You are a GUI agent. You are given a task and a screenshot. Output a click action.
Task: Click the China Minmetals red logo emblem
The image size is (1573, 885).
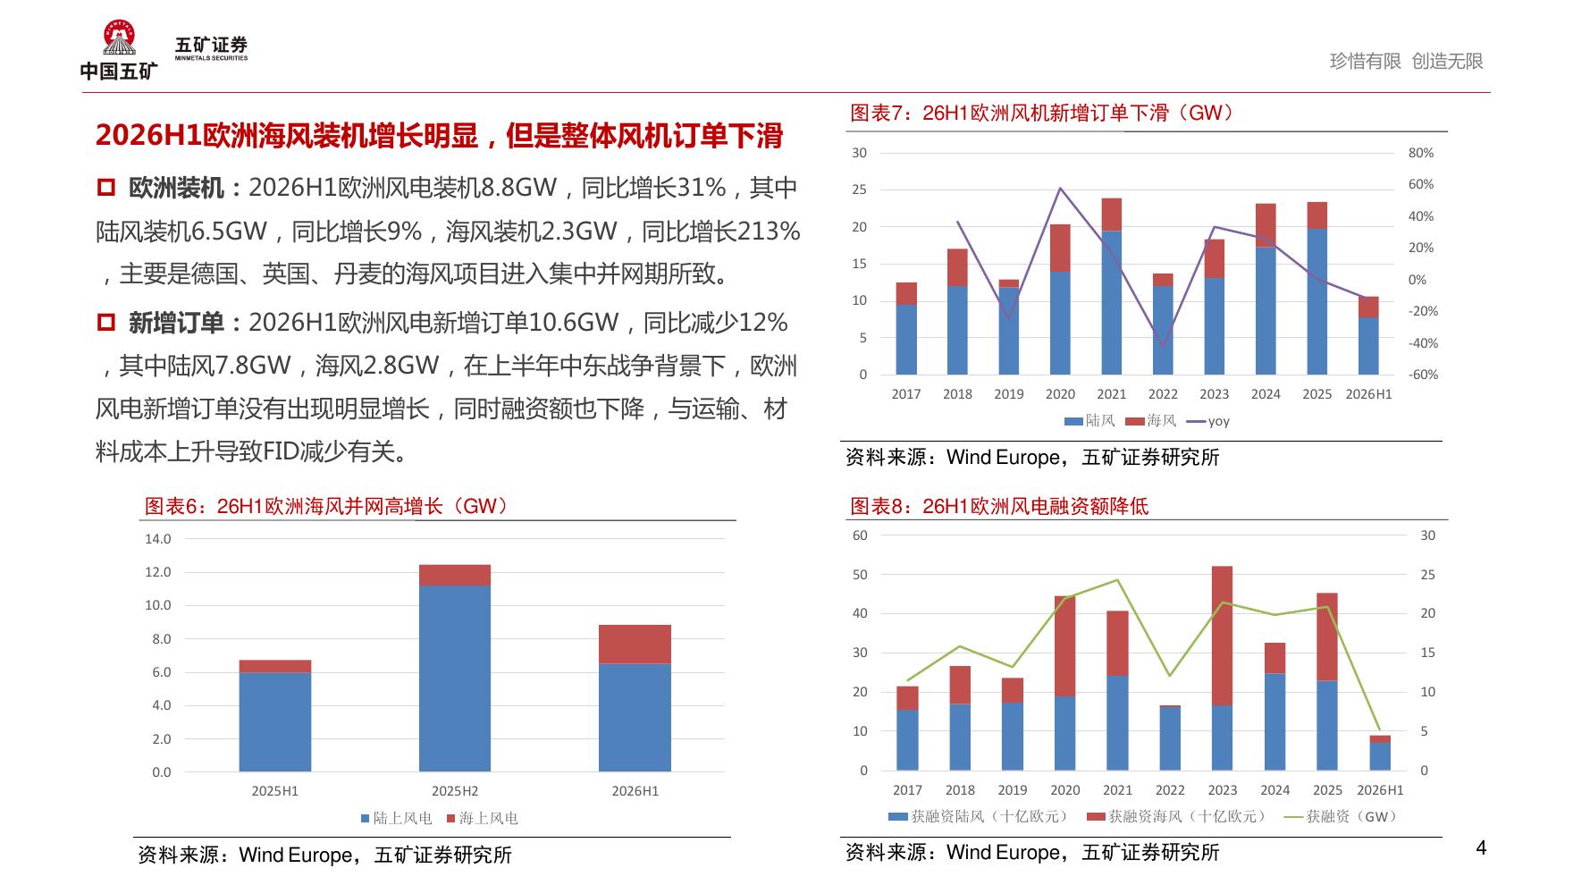coord(118,38)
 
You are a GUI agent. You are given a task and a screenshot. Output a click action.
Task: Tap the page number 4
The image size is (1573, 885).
coord(1481,847)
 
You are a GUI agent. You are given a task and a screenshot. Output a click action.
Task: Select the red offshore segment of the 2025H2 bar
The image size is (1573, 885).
coord(455,575)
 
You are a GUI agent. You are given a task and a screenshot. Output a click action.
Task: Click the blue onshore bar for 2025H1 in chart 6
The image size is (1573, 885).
coord(275,721)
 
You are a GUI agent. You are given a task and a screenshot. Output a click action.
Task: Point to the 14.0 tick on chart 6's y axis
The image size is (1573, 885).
coord(158,539)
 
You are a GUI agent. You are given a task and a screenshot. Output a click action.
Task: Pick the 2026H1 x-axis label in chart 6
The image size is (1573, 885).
coord(635,791)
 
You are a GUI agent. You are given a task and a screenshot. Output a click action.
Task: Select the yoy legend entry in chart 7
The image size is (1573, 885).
coord(1207,421)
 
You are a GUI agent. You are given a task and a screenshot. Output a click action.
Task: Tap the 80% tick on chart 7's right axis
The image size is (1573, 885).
coord(1421,153)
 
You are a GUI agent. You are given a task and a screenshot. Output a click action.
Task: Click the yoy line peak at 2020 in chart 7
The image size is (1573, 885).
coord(1060,188)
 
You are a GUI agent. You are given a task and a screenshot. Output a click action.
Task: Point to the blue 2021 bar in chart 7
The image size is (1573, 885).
coord(1112,302)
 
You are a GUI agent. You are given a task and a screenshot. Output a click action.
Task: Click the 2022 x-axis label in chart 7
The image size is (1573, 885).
coord(1163,394)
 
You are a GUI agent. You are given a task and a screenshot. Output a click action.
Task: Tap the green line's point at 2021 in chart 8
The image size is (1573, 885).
coord(1117,580)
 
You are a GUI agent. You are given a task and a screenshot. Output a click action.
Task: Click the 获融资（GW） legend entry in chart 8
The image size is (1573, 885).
coord(1340,816)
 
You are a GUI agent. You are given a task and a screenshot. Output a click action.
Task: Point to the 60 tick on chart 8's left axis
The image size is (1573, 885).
coord(860,535)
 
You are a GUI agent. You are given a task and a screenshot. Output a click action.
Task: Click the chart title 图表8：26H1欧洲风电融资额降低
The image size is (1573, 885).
coord(999,506)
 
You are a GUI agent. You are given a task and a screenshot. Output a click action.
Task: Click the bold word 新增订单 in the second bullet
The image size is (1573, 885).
coord(176,323)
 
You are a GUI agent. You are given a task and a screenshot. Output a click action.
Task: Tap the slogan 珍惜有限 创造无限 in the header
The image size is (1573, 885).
coord(1407,61)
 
